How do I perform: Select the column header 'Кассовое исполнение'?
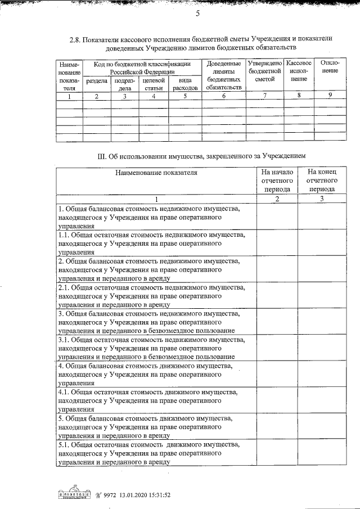(x=299, y=71)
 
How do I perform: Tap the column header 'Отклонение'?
(x=329, y=67)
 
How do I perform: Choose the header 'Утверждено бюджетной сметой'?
(x=264, y=71)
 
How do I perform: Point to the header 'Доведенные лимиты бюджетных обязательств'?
(x=223, y=75)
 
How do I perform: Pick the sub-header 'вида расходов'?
(x=184, y=84)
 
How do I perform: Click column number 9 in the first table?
(x=330, y=96)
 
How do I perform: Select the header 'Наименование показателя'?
(x=156, y=173)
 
